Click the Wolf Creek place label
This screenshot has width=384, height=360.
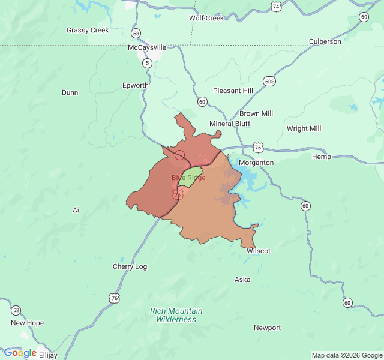pyautogui.click(x=206, y=18)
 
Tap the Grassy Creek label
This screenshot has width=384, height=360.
pyautogui.click(x=88, y=30)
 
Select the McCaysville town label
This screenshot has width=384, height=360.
pyautogui.click(x=147, y=47)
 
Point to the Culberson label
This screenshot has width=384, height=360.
pyautogui.click(x=325, y=41)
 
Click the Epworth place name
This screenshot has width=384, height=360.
pyautogui.click(x=135, y=85)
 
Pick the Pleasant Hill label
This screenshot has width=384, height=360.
pyautogui.click(x=233, y=91)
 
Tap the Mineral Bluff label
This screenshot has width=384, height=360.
pyautogui.click(x=230, y=124)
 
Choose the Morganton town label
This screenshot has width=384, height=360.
pyautogui.click(x=256, y=163)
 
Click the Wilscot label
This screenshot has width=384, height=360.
pyautogui.click(x=259, y=251)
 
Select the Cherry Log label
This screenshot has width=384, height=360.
pyautogui.click(x=130, y=266)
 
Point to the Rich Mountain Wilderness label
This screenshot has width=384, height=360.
pyautogui.click(x=176, y=315)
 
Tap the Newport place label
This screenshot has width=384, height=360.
pyautogui.click(x=267, y=328)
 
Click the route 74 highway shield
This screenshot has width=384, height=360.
pyautogui.click(x=275, y=7)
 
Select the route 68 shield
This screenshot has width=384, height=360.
pyautogui.click(x=137, y=33)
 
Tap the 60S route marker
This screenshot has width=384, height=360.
pyautogui.click(x=269, y=80)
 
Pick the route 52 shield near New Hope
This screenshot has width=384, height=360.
pyautogui.click(x=16, y=310)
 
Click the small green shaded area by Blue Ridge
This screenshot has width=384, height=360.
pyautogui.click(x=191, y=176)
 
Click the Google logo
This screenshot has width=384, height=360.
pyautogui.click(x=20, y=353)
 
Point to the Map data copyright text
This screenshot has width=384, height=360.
pyautogui.click(x=347, y=355)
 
